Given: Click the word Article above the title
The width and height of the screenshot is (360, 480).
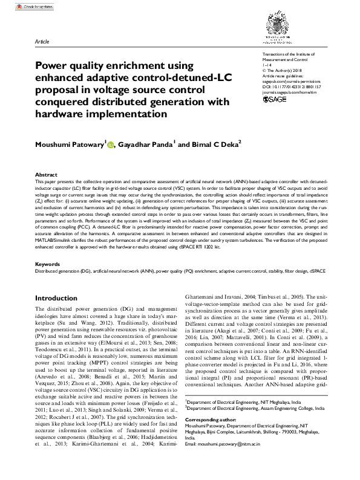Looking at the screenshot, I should pyautogui.click(x=42, y=42).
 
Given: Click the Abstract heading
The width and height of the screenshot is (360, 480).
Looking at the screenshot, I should pyautogui.click(x=47, y=174).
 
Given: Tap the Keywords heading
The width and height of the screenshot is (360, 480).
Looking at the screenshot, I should pyautogui.click(x=48, y=265).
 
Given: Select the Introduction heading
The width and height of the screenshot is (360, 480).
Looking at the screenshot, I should pyautogui.click(x=56, y=299).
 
